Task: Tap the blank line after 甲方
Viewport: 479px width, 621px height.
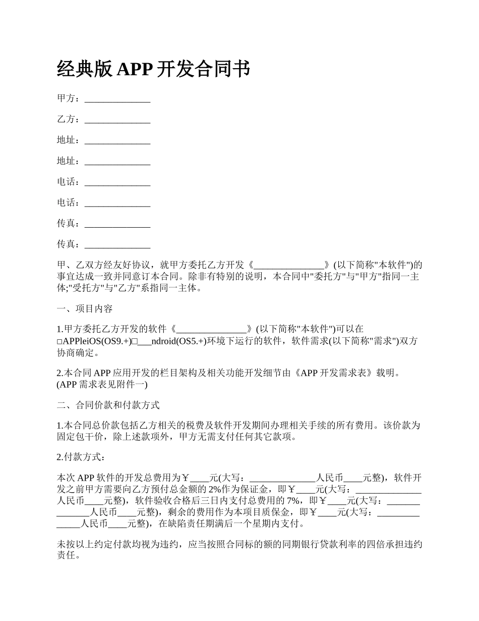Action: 117,99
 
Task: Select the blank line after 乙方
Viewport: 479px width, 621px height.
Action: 117,120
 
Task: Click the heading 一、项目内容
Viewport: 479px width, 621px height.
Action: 85,309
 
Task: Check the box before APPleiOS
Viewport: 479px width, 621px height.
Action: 59,342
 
